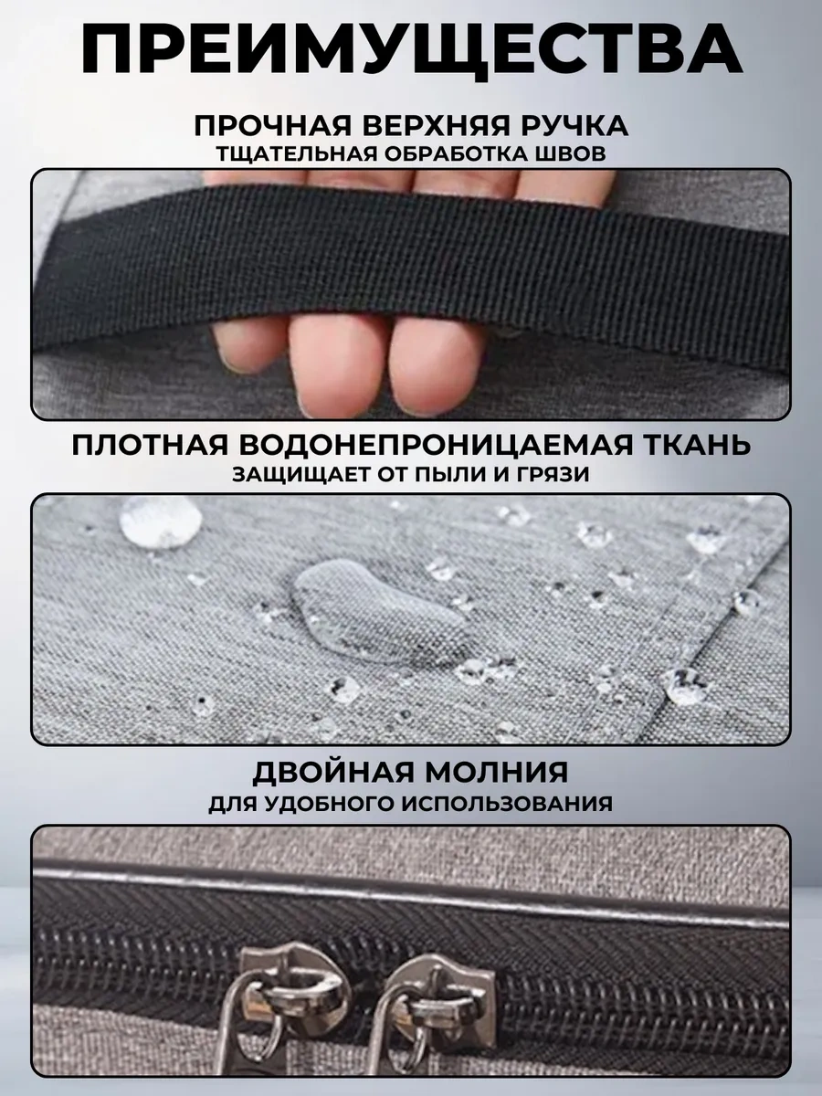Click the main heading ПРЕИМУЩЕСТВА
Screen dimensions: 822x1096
tap(411, 52)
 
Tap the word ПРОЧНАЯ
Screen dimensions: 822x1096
tap(273, 125)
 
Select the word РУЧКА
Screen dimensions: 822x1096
tap(574, 125)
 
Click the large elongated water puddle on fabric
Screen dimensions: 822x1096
tap(380, 613)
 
